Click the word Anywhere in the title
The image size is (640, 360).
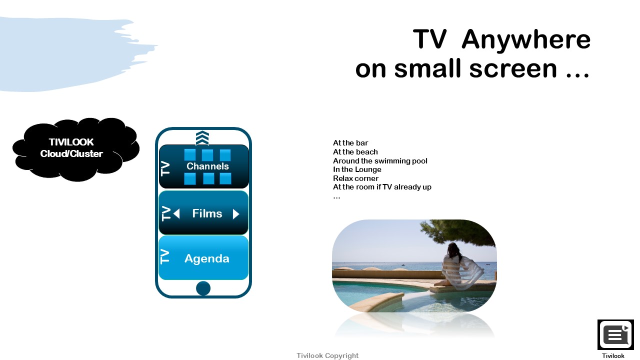[x=526, y=40]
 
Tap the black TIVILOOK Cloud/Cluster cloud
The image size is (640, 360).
[x=76, y=149]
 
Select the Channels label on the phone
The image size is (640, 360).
[x=207, y=166]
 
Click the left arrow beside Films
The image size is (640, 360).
[x=176, y=213]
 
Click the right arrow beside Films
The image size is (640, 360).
[x=236, y=214]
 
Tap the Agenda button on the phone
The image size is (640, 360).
[x=203, y=258]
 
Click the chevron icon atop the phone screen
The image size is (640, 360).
[x=202, y=138]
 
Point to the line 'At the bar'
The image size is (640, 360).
[x=350, y=143]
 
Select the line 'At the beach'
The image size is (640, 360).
[x=355, y=151]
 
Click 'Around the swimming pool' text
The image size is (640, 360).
[x=380, y=161]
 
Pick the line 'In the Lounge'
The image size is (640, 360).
[x=357, y=169]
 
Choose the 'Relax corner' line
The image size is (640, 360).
[x=355, y=178]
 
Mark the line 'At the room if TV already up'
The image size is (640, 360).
[x=382, y=187]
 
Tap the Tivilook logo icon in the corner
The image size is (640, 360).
[x=615, y=334]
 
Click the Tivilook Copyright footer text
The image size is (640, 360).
[x=327, y=355]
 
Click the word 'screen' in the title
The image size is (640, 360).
[x=513, y=69]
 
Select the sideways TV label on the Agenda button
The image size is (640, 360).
[x=165, y=256]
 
